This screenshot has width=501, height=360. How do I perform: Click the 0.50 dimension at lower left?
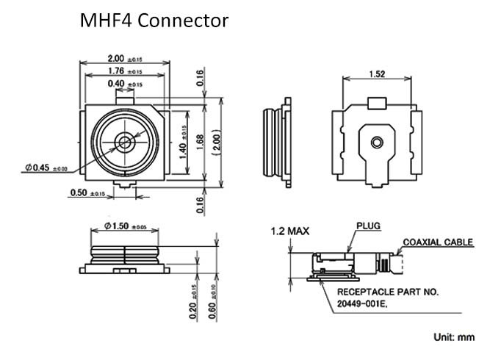click(x=87, y=193)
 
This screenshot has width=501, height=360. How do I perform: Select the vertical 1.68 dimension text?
click(x=201, y=143)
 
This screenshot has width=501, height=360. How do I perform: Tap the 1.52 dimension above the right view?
click(x=376, y=73)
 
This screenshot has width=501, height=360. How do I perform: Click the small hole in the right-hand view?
click(x=376, y=141)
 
